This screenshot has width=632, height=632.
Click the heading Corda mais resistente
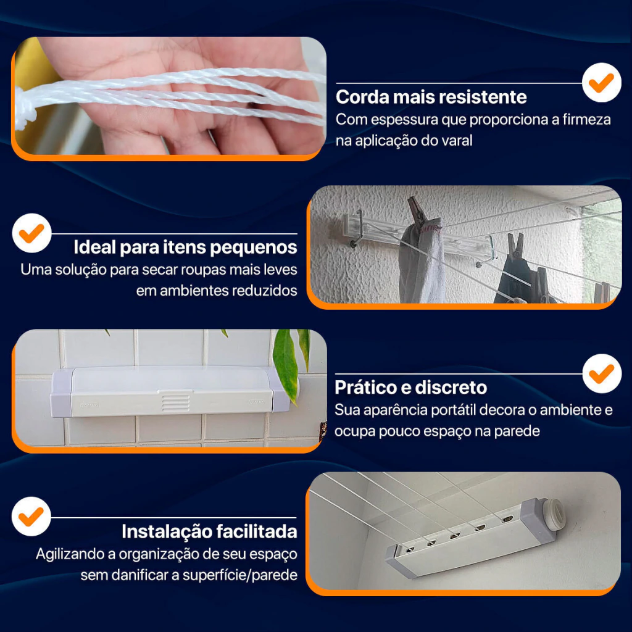[431, 97]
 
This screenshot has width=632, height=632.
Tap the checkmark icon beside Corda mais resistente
[601, 83]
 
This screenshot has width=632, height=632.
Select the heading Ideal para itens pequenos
[185, 247]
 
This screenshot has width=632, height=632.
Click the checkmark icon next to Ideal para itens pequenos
[32, 233]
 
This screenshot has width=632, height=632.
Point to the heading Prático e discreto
[410, 388]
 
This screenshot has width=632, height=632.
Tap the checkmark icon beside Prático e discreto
[602, 373]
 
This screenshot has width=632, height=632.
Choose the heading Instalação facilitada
[210, 531]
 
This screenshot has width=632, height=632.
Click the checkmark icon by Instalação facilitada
[31, 517]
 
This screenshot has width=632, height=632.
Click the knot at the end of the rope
[24, 106]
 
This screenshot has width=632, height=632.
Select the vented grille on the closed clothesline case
[175, 402]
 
